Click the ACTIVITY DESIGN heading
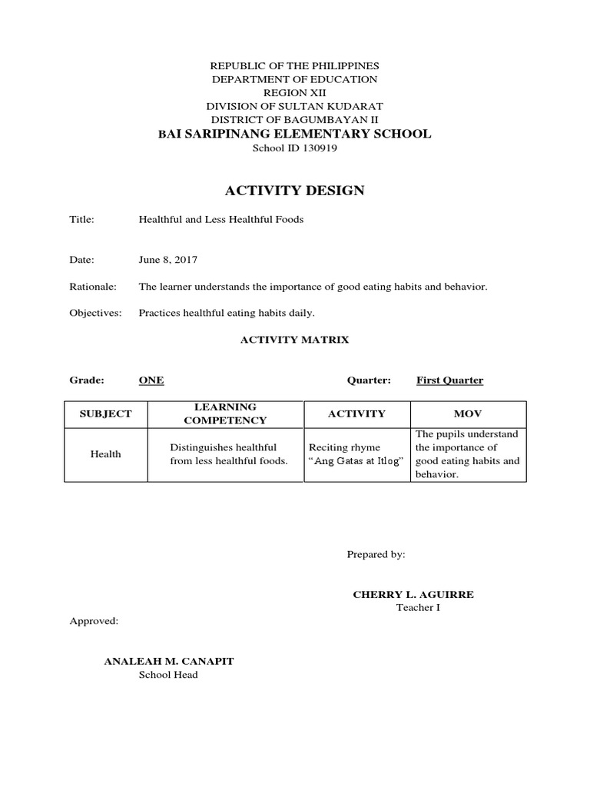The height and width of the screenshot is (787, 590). click(x=294, y=191)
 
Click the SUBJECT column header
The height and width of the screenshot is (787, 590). click(x=105, y=413)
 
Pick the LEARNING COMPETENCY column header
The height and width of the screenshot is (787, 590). click(x=225, y=413)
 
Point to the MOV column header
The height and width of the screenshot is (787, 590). click(x=468, y=413)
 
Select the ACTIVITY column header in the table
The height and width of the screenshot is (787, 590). click(x=356, y=413)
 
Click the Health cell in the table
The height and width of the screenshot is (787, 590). click(x=105, y=454)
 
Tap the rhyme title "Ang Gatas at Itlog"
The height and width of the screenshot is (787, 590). click(x=356, y=461)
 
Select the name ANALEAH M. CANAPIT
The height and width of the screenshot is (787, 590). click(x=168, y=661)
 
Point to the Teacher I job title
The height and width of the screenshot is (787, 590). click(x=418, y=608)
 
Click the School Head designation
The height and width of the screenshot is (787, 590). click(x=167, y=675)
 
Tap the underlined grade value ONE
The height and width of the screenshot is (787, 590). click(x=151, y=380)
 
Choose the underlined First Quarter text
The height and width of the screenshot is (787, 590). click(x=449, y=380)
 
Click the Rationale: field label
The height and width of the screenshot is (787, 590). click(x=93, y=287)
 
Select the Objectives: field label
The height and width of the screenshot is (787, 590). click(x=95, y=313)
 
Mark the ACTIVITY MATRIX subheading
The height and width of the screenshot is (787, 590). click(x=295, y=340)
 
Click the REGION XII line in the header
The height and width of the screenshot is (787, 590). click(x=295, y=92)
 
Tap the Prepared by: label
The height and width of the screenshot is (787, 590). click(x=376, y=554)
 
